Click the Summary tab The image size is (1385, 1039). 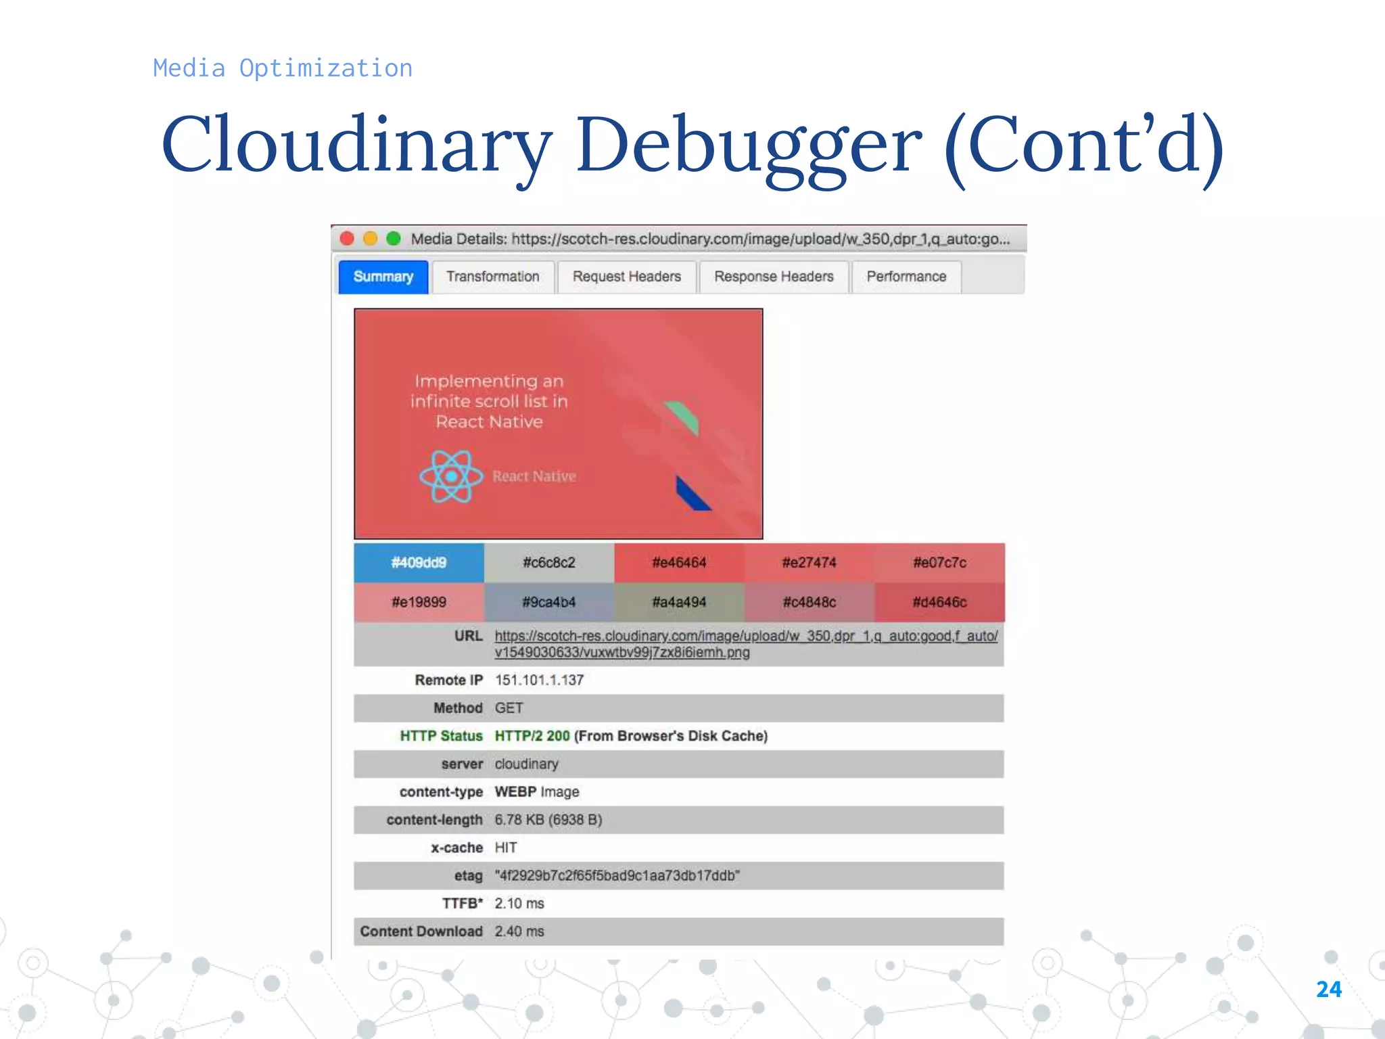[383, 277]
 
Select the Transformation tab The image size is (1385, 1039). [492, 277]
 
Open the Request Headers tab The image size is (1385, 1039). [626, 277]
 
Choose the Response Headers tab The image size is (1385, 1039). [774, 277]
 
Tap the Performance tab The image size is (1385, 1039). [906, 277]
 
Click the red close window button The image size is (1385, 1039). [348, 239]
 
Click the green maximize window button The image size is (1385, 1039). [394, 239]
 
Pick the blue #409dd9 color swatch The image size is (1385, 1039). [419, 563]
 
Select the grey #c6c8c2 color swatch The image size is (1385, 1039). [548, 563]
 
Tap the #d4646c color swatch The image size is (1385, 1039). [939, 602]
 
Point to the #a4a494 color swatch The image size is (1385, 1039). [679, 602]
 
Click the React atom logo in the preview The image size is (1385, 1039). [451, 477]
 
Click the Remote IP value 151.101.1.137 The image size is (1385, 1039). [539, 680]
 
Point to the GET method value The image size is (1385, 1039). [509, 708]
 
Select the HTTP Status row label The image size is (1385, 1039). [441, 736]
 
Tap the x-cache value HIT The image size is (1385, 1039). [506, 848]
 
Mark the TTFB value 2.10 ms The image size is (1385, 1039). [519, 904]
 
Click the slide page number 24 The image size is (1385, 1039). [1328, 990]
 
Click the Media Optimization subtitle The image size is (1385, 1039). [283, 68]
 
